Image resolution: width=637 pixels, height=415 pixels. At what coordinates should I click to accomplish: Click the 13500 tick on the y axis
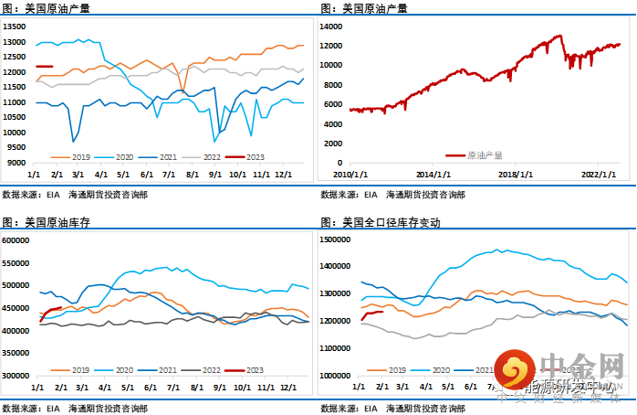pos(15,27)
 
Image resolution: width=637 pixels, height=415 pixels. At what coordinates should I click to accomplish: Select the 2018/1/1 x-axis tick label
pos(516,173)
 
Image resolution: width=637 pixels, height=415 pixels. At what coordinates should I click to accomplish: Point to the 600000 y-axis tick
pos(16,240)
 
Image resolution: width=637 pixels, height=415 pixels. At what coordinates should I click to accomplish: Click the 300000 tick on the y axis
pos(16,375)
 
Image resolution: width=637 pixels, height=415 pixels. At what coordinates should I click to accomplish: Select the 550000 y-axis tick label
pos(16,262)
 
